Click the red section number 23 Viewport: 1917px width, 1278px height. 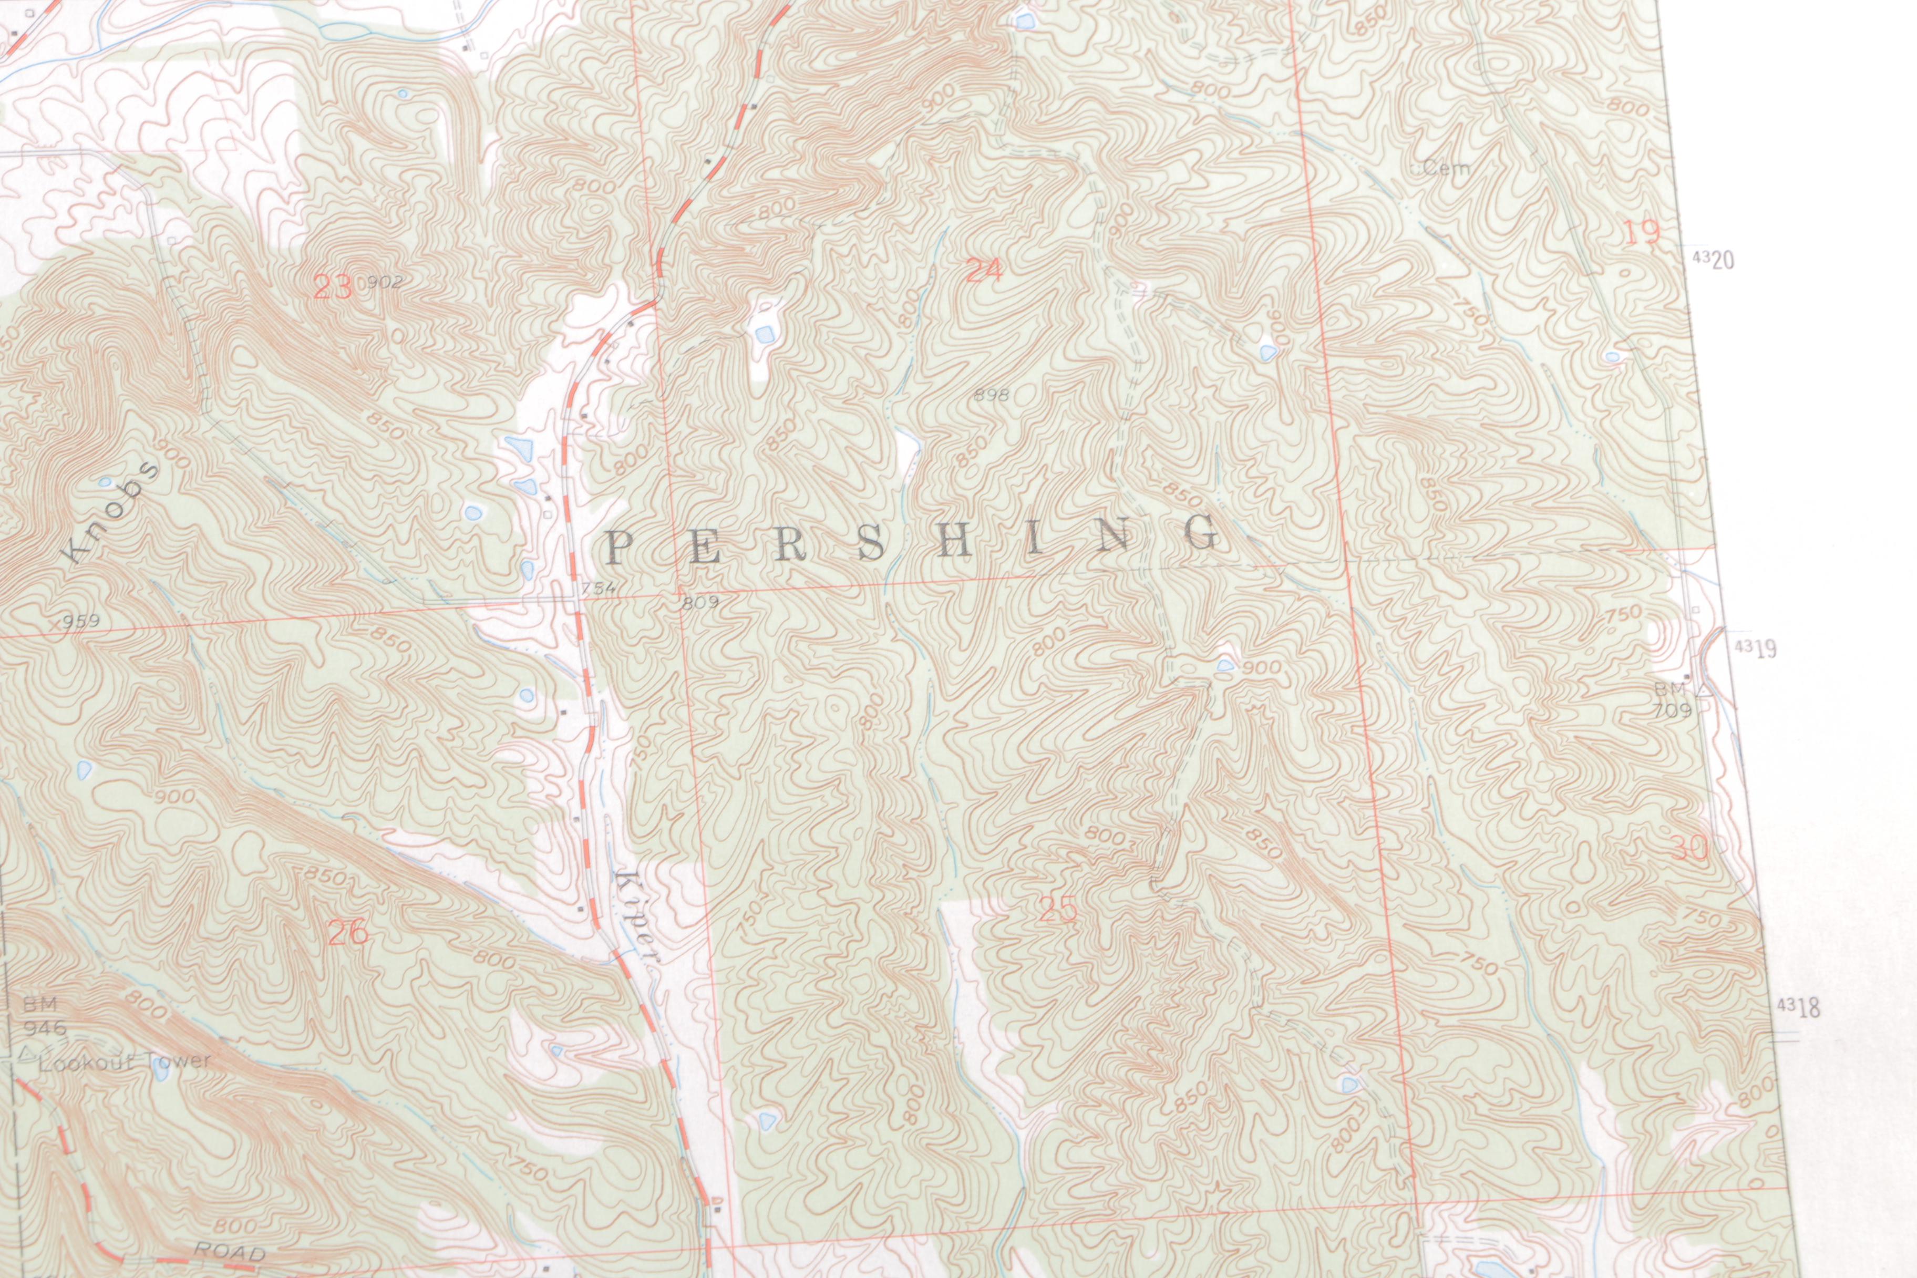tap(333, 287)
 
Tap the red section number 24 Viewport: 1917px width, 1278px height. tap(983, 270)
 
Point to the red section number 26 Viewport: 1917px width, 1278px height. tap(347, 932)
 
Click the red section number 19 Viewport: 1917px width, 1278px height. tap(1642, 234)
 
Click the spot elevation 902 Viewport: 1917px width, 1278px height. tap(385, 282)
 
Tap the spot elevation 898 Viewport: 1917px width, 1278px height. tap(992, 396)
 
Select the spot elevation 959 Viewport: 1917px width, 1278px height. tap(81, 622)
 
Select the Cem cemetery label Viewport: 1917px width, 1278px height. tap(1446, 169)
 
